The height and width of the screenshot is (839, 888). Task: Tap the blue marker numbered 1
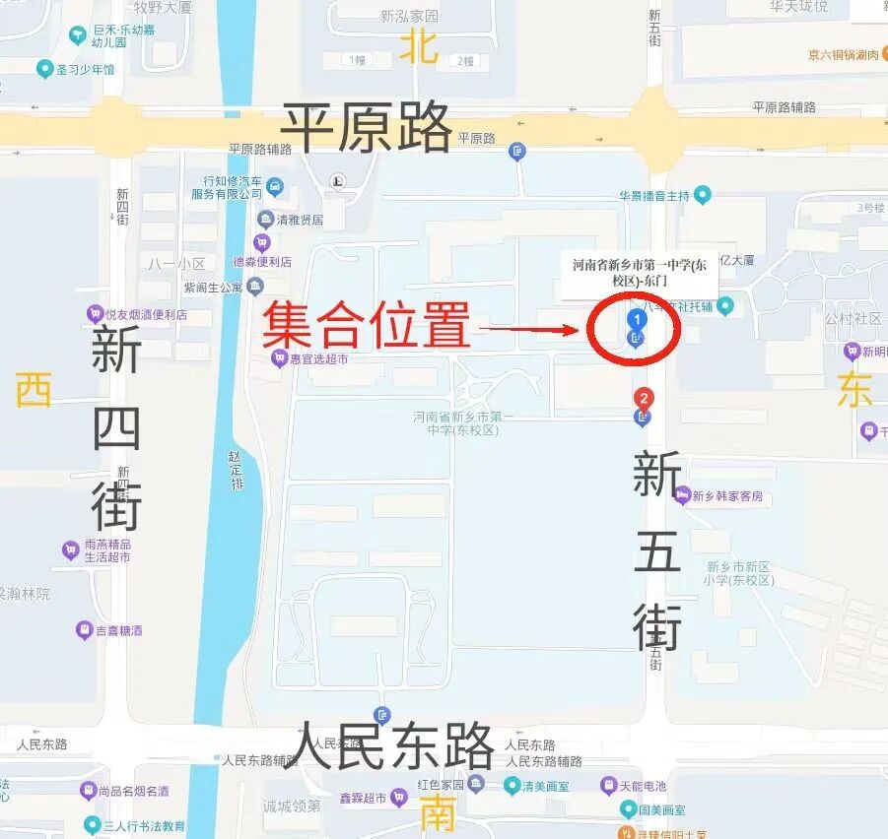point(638,319)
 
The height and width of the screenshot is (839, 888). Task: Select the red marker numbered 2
point(644,399)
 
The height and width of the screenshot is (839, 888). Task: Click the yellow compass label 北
point(419,46)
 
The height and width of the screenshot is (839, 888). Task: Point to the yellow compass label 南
point(438,812)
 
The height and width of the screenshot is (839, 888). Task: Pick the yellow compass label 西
point(33,390)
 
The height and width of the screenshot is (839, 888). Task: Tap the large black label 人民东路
point(394,745)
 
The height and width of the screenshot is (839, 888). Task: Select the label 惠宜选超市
point(317,358)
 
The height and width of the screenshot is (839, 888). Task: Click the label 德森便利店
point(261,262)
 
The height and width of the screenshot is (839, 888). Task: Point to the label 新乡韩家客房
point(726,495)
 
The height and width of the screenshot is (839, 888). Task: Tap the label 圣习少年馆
point(85,69)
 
